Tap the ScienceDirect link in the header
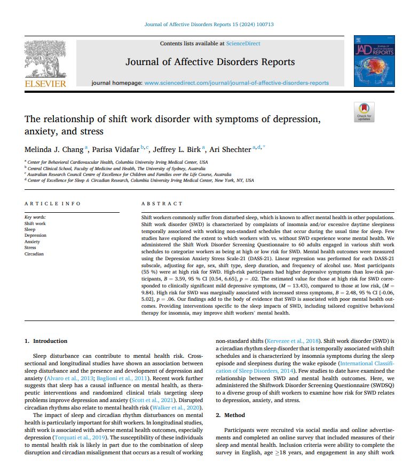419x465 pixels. click(x=243, y=43)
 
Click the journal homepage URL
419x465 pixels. click(x=236, y=83)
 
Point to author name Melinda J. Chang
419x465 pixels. click(x=49, y=149)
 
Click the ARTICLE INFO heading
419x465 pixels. click(x=53, y=204)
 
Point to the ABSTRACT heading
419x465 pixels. click(x=162, y=204)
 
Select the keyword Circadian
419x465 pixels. click(x=34, y=254)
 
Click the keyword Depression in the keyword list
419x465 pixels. click(x=35, y=236)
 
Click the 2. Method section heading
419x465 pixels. click(x=230, y=415)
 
